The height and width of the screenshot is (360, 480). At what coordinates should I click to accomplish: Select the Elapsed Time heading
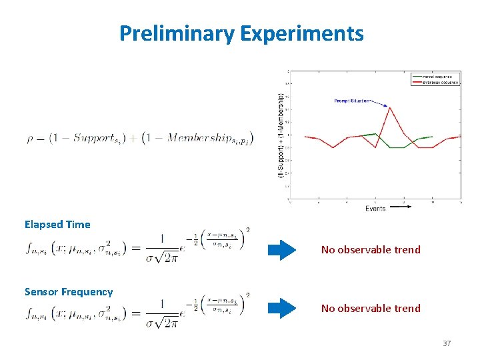tap(57, 225)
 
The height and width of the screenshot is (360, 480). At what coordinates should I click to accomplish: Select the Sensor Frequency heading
tap(69, 291)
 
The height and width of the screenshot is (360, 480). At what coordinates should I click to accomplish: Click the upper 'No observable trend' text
tap(371, 250)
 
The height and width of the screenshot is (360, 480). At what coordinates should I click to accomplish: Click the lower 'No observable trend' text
tap(371, 308)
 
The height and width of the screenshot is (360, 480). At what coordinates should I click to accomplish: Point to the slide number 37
tap(447, 343)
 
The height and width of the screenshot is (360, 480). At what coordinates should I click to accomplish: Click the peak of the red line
tap(389, 107)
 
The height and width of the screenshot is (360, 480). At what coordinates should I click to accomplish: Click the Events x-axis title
tap(375, 209)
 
